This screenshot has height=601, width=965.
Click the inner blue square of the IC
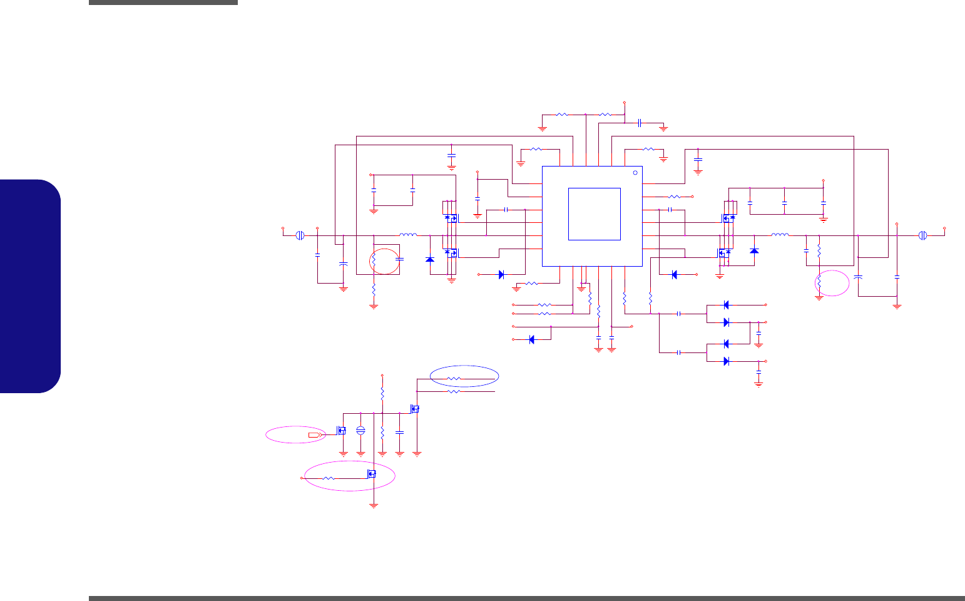point(594,213)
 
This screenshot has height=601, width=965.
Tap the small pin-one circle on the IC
point(635,172)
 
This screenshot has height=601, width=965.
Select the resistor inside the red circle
point(374,259)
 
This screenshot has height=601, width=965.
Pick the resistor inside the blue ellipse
point(454,379)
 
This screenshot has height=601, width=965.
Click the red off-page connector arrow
point(314,434)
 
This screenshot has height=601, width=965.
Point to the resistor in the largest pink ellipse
point(329,478)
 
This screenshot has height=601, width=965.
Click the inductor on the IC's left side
point(408,235)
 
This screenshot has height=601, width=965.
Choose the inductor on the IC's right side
point(780,235)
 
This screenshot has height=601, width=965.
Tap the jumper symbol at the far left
point(300,235)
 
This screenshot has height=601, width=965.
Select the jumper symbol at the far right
point(922,235)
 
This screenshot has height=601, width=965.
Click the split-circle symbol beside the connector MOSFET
point(360,430)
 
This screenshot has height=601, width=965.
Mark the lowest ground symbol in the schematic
point(374,504)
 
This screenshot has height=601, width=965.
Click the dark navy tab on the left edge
point(31,286)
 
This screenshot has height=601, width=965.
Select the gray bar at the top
point(163,3)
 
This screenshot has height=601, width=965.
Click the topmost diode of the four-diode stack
point(726,305)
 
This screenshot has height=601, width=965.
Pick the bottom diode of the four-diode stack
point(726,361)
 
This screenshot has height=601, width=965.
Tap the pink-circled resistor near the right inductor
point(819,282)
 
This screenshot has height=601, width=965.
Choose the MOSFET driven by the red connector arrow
point(342,430)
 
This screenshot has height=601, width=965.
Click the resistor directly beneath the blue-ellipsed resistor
point(454,391)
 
